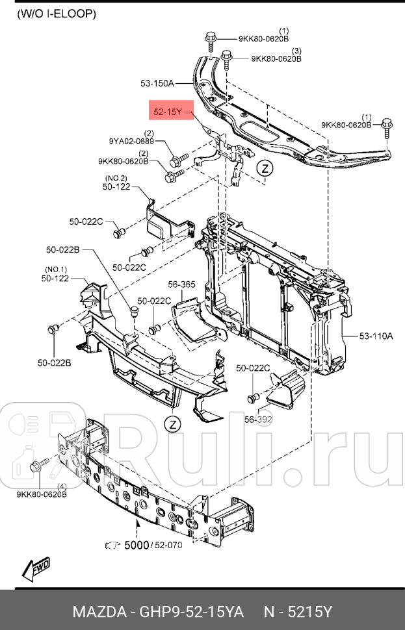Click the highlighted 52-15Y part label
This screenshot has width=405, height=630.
coord(168,112)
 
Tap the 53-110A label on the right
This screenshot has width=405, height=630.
coord(376,336)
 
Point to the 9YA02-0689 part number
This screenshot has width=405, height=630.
coord(131,141)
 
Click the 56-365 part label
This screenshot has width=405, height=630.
coord(181,284)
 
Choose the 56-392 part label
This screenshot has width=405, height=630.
coord(258,420)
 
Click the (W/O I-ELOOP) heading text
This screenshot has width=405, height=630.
coord(56,13)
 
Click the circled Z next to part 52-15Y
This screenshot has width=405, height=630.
coord(264,168)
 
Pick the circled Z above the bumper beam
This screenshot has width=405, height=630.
coord(171,424)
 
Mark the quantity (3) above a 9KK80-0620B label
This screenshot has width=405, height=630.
coord(296,51)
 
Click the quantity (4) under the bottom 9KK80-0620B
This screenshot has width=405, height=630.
coord(62,486)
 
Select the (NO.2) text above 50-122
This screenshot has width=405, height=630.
coord(116,178)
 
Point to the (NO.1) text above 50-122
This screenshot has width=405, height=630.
coord(56,269)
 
